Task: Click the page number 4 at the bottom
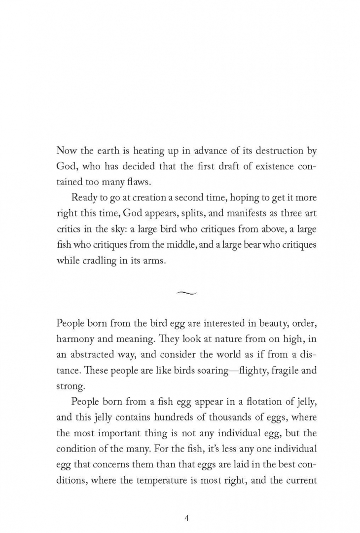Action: coord(186,504)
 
